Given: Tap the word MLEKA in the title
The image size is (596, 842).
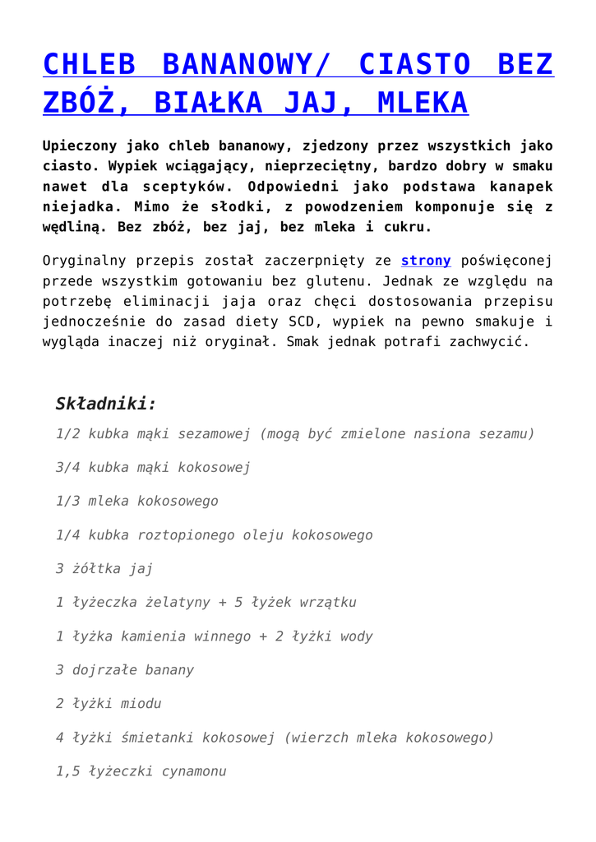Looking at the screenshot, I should click(421, 103).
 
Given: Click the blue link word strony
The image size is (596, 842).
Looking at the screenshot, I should click(425, 261).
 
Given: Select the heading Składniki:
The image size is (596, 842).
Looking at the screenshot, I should click(105, 404).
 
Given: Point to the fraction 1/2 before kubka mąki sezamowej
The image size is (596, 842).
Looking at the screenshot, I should click(68, 433).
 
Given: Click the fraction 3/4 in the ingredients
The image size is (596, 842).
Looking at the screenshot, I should click(68, 467).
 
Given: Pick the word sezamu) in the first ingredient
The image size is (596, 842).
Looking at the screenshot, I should click(506, 433).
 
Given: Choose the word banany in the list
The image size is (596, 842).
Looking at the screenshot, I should click(169, 669).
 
